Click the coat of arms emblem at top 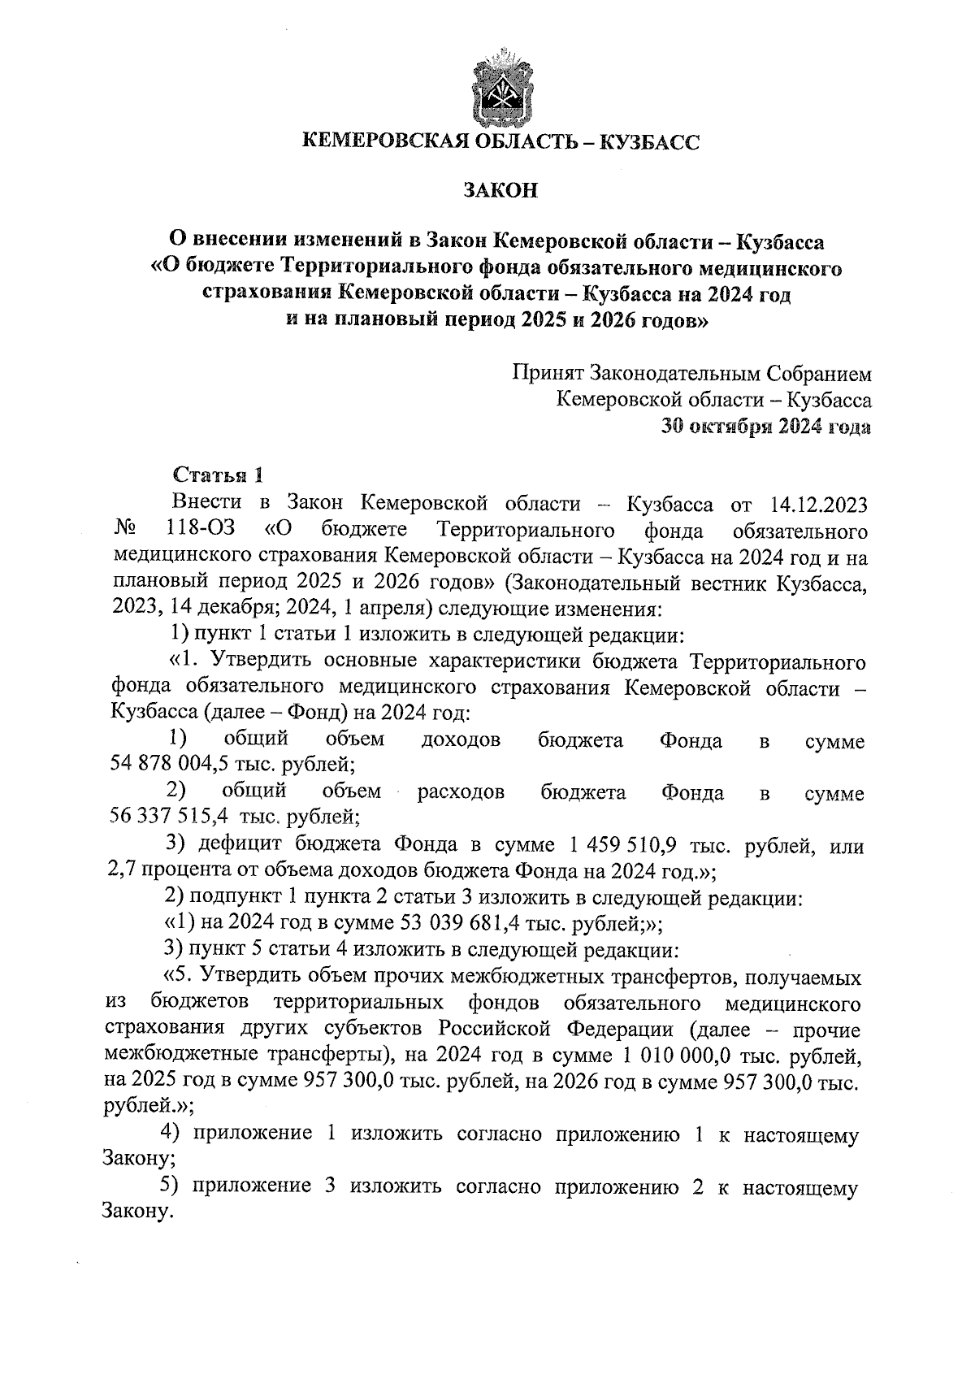coord(498,88)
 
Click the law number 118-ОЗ coord(200,531)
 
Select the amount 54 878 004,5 coord(167,764)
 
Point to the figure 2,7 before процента coord(122,871)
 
